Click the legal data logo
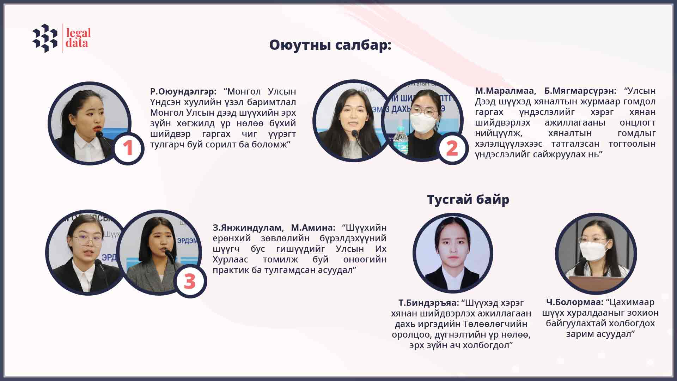tap(62, 38)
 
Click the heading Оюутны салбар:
tap(330, 45)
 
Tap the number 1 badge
tap(128, 148)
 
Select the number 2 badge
tap(452, 148)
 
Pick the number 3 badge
tap(190, 282)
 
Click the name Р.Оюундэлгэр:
tap(183, 92)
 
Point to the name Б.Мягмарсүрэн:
tap(580, 91)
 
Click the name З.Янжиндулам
tap(247, 228)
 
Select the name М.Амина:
tap(313, 228)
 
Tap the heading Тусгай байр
tap(468, 200)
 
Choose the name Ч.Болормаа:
tap(575, 302)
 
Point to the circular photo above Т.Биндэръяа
tap(453, 253)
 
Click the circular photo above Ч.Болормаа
tap(596, 253)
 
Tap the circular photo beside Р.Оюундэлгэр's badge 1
tap(90, 123)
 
